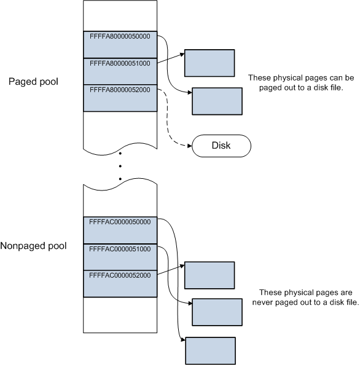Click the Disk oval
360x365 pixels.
pyautogui.click(x=222, y=146)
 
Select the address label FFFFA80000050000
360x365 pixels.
pyautogui.click(x=119, y=36)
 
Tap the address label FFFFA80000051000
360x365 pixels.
pyautogui.click(x=119, y=63)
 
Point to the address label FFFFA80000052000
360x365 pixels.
pyautogui.click(x=119, y=90)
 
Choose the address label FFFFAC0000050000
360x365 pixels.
pyautogui.click(x=119, y=221)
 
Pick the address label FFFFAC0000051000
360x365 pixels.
pyautogui.click(x=119, y=248)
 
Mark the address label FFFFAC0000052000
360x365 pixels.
pyautogui.click(x=119, y=275)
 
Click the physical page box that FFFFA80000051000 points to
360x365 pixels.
pyautogui.click(x=209, y=62)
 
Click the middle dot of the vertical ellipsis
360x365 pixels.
pyautogui.click(x=119, y=166)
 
